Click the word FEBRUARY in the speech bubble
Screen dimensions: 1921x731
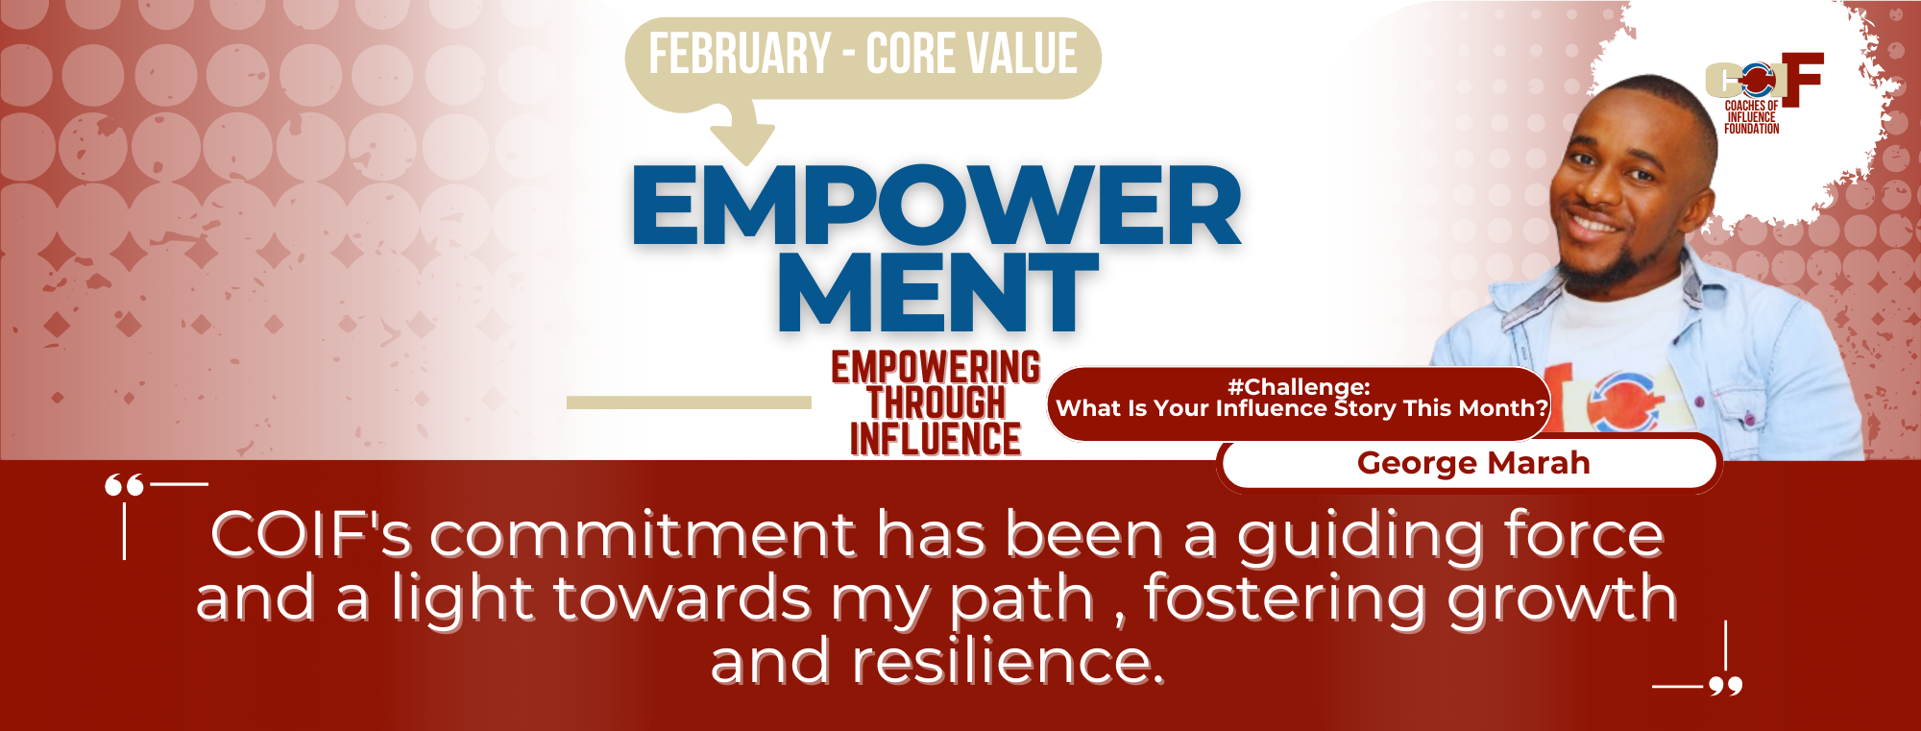tap(740, 54)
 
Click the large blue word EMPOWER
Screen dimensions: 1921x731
tap(936, 206)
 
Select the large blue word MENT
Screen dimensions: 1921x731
tap(937, 292)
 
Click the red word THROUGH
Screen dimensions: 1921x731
tap(936, 403)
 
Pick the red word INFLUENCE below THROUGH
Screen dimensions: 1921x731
tap(936, 439)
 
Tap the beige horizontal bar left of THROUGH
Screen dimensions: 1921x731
tap(689, 402)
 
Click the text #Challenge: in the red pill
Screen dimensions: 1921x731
tap(1299, 386)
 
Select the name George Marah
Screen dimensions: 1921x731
tap(1473, 463)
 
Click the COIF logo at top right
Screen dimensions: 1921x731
tap(1764, 79)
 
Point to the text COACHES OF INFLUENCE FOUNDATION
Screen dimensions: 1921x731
tap(1751, 117)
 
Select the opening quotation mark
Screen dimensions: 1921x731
tap(124, 485)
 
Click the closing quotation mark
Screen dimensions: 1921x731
tap(1726, 685)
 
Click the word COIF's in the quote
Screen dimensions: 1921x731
tap(311, 535)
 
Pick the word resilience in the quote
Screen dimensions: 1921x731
tap(1009, 663)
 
